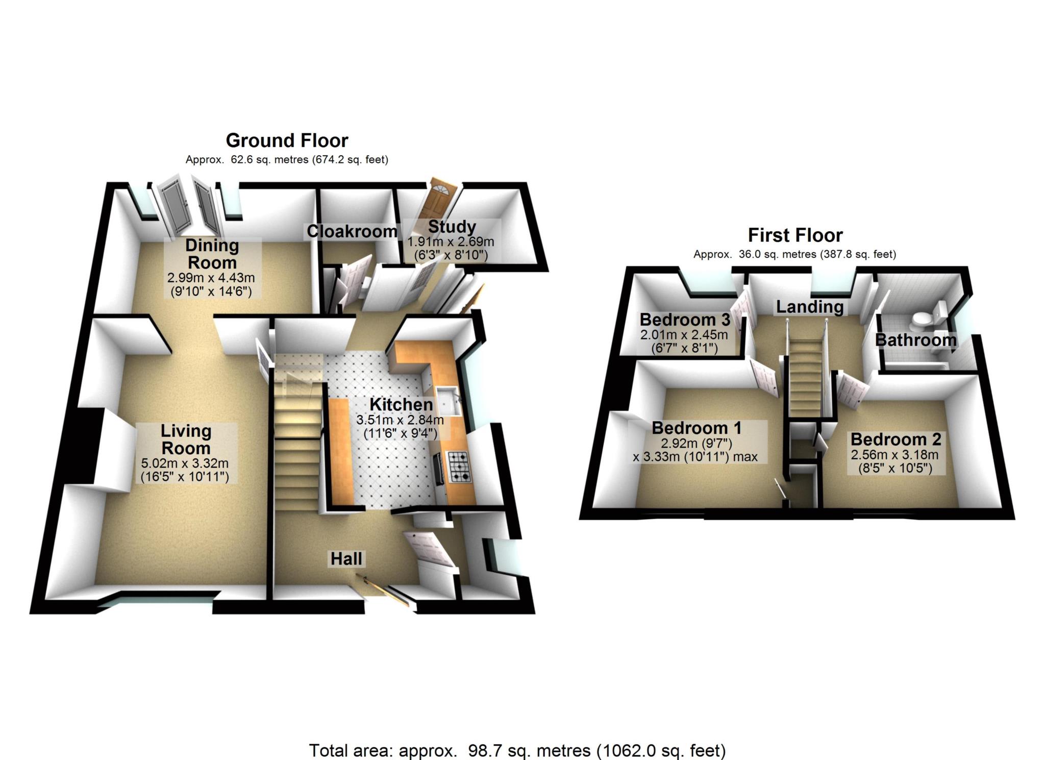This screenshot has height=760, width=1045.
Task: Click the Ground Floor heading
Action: coord(287,140)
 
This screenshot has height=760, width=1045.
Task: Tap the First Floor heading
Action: coord(795,235)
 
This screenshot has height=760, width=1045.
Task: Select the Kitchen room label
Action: coord(401,404)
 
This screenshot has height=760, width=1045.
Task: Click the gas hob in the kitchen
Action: coord(459,467)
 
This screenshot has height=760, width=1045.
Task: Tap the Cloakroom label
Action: coord(352,231)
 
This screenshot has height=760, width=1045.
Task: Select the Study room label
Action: coord(452,227)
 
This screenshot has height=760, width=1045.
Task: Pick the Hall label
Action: coord(346,558)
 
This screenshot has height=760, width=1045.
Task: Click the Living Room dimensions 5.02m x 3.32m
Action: coord(185,464)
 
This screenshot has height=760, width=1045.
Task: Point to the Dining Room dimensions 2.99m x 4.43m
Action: coord(211,278)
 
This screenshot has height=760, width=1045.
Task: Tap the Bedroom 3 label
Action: coord(685,320)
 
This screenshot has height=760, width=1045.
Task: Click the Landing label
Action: coord(810,306)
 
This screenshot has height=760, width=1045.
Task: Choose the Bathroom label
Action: coord(915,339)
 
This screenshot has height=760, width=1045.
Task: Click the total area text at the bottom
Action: coord(517,736)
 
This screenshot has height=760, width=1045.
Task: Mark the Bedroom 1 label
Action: coord(696,428)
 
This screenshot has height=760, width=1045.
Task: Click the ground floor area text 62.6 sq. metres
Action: coord(287,160)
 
